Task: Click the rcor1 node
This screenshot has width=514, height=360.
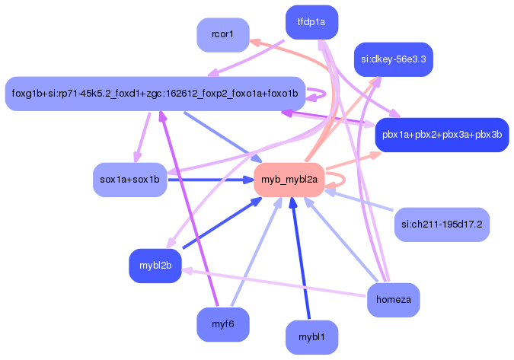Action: [x=222, y=35]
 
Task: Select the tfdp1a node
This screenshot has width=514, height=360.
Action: [x=311, y=22]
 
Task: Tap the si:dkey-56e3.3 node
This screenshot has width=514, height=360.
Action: [x=393, y=59]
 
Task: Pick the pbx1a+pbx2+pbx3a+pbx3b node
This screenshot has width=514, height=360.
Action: [x=442, y=135]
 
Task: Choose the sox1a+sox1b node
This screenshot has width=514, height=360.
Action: [x=129, y=180]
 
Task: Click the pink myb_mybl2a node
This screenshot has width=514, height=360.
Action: [x=289, y=180]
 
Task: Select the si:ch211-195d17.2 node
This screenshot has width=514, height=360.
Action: [x=442, y=225]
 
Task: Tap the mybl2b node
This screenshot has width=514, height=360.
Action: [x=155, y=266]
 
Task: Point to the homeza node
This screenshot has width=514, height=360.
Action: [x=393, y=300]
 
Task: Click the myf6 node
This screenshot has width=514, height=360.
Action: [x=222, y=324]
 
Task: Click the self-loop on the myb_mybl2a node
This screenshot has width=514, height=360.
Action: [x=341, y=180]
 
